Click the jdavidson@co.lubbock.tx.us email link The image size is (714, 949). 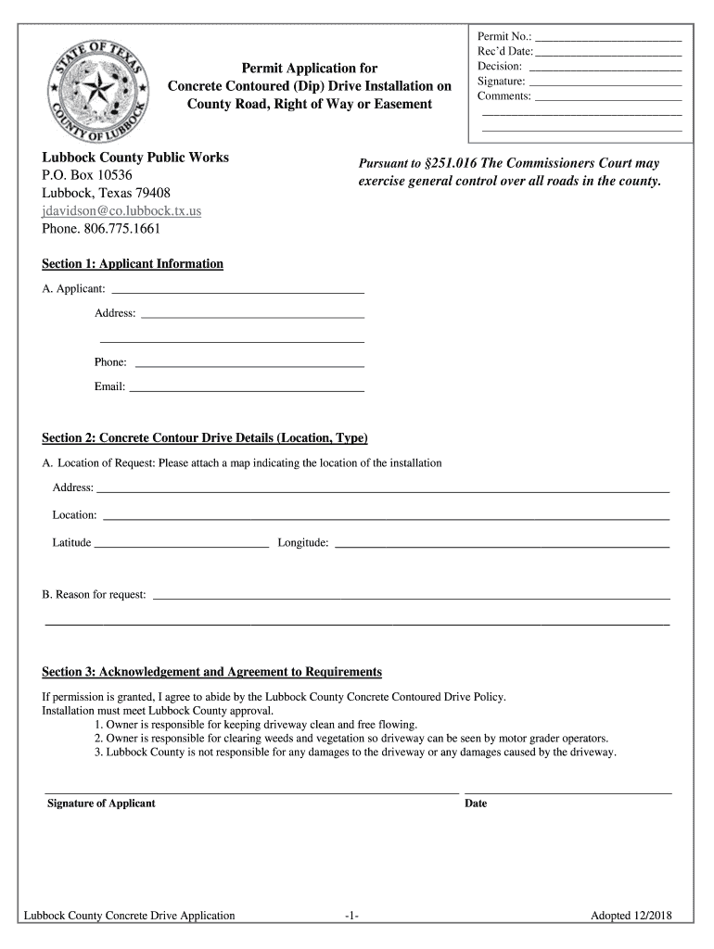pyautogui.click(x=121, y=210)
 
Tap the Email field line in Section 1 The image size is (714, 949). pyautogui.click(x=247, y=389)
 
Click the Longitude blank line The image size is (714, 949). pyautogui.click(x=501, y=548)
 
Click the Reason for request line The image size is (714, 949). pyautogui.click(x=411, y=599)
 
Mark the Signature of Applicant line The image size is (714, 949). pyautogui.click(x=252, y=793)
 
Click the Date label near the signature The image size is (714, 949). pyautogui.click(x=476, y=803)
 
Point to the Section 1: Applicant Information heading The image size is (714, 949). pyautogui.click(x=133, y=264)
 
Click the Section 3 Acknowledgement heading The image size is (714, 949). pyautogui.click(x=212, y=672)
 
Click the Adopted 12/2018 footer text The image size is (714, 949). pyautogui.click(x=631, y=917)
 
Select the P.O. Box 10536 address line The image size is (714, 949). pyautogui.click(x=87, y=175)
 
